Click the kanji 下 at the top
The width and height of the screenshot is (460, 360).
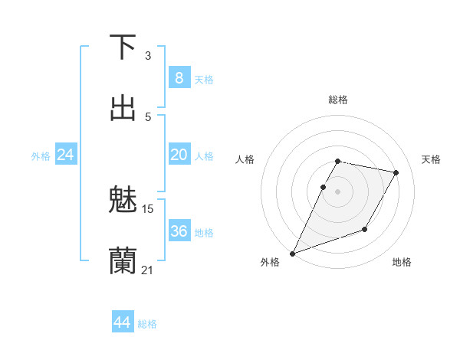(x=123, y=47)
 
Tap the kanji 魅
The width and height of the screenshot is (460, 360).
(x=123, y=199)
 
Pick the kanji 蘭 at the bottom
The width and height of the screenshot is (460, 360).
(x=123, y=260)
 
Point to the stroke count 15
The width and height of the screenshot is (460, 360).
(x=148, y=208)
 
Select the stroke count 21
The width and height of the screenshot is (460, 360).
(x=147, y=270)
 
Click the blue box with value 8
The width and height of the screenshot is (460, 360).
(x=179, y=77)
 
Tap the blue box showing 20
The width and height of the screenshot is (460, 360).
(x=179, y=155)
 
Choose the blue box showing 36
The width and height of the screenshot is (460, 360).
(x=179, y=231)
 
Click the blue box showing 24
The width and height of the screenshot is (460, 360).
(x=65, y=155)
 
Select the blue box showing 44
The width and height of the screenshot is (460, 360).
(x=123, y=322)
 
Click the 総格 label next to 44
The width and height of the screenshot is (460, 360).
(x=147, y=324)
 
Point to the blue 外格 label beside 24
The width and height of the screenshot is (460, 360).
(x=41, y=156)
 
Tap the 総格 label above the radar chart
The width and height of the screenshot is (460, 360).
(x=338, y=100)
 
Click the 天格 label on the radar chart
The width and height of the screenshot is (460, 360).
(x=432, y=159)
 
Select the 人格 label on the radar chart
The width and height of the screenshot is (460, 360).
(x=245, y=159)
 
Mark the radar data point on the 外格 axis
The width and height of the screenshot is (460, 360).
(x=292, y=254)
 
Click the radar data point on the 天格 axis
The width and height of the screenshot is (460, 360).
(x=396, y=173)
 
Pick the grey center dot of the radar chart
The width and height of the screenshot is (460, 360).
(x=338, y=191)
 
